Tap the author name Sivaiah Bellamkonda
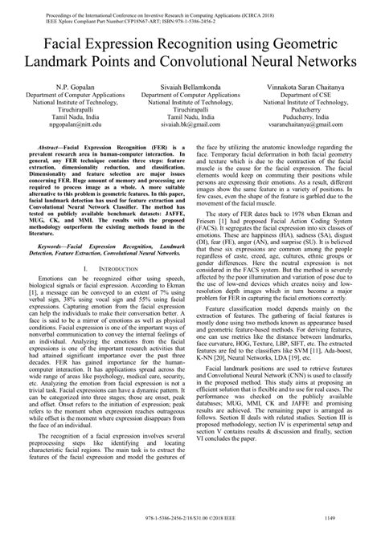190,85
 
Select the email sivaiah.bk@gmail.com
190,125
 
